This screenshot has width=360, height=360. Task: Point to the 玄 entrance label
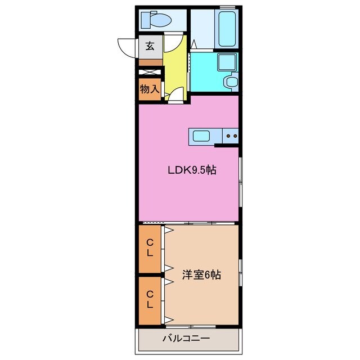(x=150, y=46)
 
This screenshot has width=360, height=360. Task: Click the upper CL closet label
(x=150, y=248)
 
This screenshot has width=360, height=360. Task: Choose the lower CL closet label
(x=150, y=299)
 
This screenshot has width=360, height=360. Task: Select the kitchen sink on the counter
(x=201, y=136)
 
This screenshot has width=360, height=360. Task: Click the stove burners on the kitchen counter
(x=231, y=135)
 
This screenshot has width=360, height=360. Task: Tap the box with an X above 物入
(x=150, y=72)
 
